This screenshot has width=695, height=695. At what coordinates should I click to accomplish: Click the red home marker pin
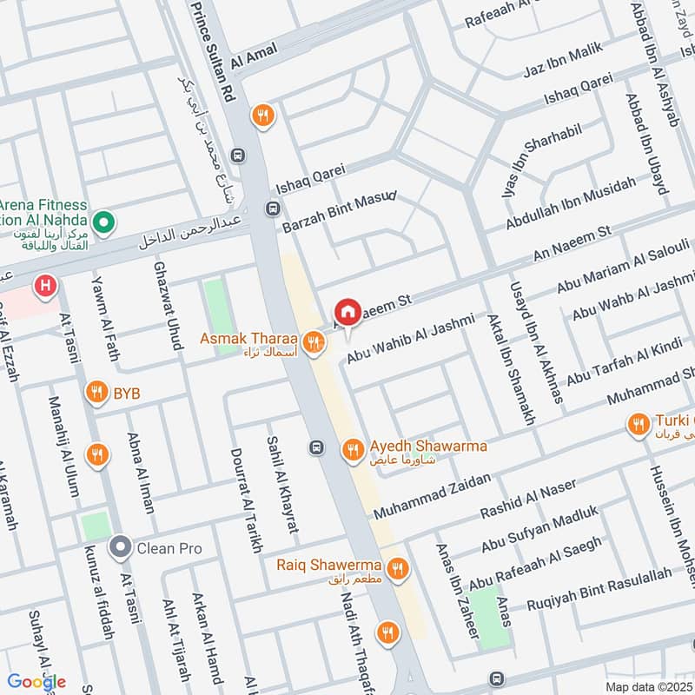(347, 312)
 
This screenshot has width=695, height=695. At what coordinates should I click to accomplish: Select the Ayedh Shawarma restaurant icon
(352, 448)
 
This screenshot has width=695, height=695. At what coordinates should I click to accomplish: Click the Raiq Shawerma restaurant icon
(397, 568)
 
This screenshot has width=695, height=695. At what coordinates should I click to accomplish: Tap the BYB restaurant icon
(96, 393)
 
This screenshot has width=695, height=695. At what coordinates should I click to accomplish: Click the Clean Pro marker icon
(120, 548)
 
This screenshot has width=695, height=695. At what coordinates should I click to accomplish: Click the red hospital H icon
(43, 284)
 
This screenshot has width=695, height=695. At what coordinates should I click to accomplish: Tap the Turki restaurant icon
(639, 424)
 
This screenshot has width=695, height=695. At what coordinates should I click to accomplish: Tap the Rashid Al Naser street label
(528, 500)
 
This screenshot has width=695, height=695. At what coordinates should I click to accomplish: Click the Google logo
(36, 682)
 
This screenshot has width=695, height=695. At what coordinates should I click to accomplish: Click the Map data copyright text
(647, 686)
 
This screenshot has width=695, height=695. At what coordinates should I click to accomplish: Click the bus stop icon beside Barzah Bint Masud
(273, 208)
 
